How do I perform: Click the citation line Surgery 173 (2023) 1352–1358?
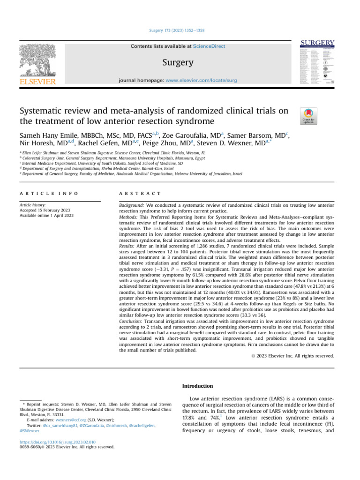[x=180, y=30]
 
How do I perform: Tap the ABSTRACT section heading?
[x=141, y=194]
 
